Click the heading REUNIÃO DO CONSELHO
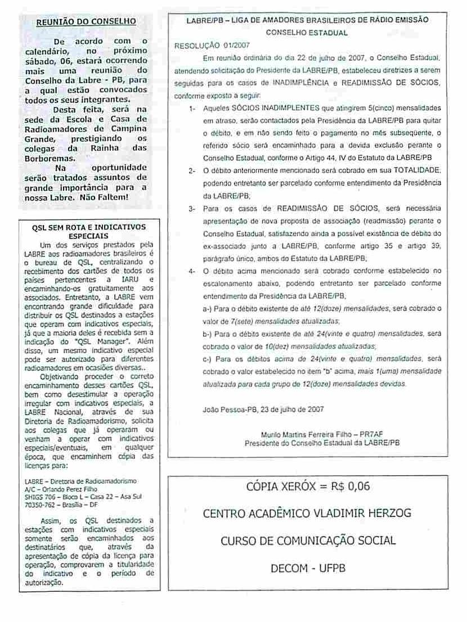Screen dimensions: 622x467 (86, 22)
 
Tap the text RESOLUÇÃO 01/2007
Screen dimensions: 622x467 (212, 45)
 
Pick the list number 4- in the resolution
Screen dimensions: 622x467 (192, 271)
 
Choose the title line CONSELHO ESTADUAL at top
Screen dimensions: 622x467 (307, 33)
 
